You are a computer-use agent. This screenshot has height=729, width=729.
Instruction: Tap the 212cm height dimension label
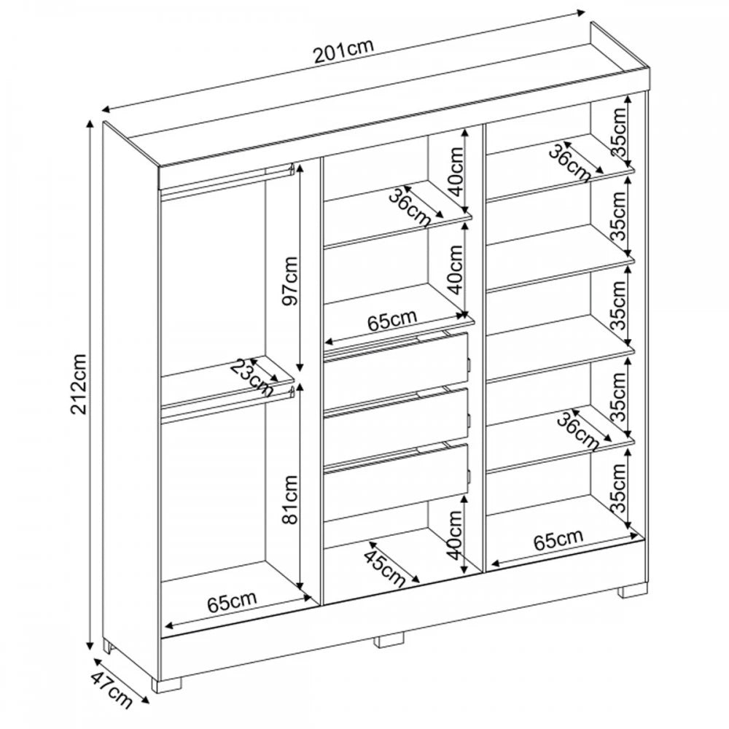[x=79, y=383]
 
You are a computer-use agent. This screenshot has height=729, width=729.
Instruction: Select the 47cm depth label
[x=112, y=690]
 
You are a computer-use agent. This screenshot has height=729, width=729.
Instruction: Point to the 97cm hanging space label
[x=291, y=281]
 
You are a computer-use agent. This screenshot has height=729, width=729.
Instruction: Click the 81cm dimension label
[x=291, y=499]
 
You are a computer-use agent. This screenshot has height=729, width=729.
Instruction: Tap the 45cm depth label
[x=383, y=568]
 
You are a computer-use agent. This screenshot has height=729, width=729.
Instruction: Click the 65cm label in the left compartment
[x=232, y=601]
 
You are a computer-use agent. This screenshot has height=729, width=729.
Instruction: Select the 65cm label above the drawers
[x=392, y=320]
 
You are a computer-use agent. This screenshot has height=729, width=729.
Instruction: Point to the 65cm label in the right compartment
[x=558, y=539]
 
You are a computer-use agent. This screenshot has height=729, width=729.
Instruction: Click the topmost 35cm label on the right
[x=619, y=133]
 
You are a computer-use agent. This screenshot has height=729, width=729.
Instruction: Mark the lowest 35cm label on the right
[x=619, y=488]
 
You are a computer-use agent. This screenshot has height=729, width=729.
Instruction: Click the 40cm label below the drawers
[x=455, y=534]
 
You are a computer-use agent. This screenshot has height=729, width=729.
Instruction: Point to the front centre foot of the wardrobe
[x=389, y=641]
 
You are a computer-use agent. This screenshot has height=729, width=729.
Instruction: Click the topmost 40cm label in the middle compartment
[x=455, y=171]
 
